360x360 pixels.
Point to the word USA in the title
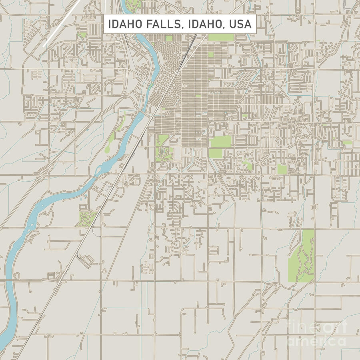[240, 24]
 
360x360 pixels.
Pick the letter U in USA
[233, 24]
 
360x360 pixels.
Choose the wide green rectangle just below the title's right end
[221, 37]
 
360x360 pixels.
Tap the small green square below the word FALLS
[169, 38]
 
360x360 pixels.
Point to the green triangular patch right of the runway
[82, 35]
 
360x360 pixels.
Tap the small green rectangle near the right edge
[347, 142]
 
